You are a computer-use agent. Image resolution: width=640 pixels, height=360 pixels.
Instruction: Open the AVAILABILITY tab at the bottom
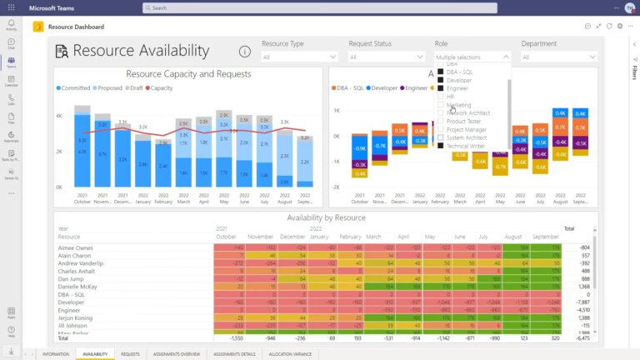(95, 354)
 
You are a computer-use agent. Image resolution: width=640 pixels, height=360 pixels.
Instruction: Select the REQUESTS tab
(130, 354)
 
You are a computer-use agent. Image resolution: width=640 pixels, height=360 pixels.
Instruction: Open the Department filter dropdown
(559, 57)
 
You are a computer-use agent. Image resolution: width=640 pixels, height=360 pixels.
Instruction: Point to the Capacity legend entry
(161, 87)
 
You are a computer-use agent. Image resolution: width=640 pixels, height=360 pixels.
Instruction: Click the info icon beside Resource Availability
(245, 52)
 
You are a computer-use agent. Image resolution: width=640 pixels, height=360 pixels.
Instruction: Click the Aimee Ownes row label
(76, 248)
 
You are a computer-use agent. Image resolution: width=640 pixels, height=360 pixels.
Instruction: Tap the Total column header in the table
(568, 228)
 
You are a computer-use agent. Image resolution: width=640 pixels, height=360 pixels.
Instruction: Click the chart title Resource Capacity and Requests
(188, 74)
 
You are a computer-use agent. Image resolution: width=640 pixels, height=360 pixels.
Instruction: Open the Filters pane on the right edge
(633, 76)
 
